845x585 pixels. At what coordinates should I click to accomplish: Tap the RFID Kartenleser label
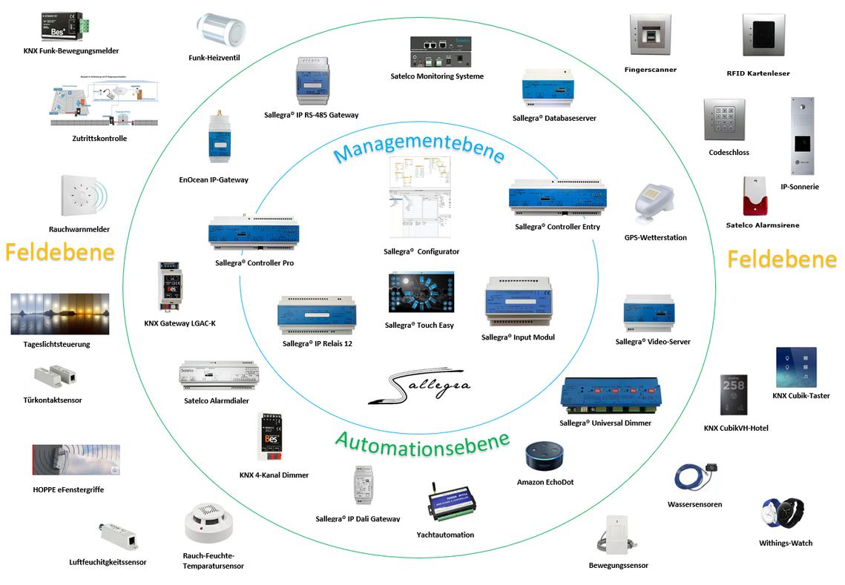[758, 73]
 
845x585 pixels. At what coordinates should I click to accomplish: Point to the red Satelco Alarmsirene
[755, 196]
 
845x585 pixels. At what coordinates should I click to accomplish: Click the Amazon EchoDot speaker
[545, 456]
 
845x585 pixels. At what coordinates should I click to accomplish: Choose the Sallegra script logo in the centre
[420, 388]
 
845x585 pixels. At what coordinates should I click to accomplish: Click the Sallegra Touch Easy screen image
[420, 292]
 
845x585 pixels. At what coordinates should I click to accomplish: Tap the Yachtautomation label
[445, 535]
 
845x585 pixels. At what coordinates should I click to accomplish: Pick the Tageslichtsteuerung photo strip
[60, 314]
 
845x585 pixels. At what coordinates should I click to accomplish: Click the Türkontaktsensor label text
[52, 400]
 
